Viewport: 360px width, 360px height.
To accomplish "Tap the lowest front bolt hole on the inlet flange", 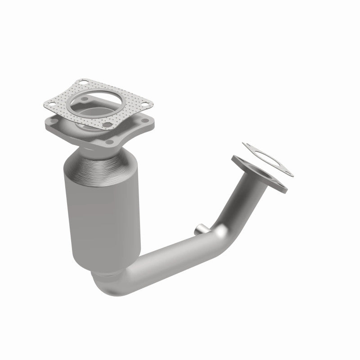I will pos(109,143).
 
